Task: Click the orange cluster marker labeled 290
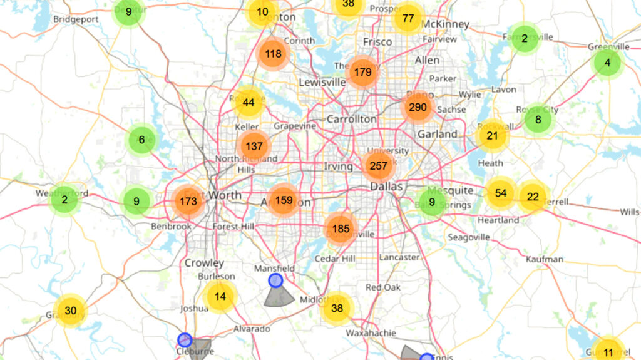[418, 107]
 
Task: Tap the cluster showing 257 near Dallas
[378, 166]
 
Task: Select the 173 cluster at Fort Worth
[188, 202]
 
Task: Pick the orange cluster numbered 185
[341, 229]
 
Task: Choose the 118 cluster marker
[273, 54]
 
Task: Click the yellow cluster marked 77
[408, 18]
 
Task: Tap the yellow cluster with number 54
[500, 193]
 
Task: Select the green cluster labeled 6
[141, 140]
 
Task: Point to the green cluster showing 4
[607, 63]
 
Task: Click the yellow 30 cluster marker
[70, 311]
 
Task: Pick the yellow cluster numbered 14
[220, 296]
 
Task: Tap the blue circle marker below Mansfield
[275, 280]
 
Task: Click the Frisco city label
[377, 42]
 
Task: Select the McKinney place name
[445, 24]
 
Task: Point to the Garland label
[438, 134]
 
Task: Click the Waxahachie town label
[371, 333]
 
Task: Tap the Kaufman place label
[545, 259]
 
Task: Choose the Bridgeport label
[76, 19]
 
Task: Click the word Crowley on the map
[204, 263]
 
